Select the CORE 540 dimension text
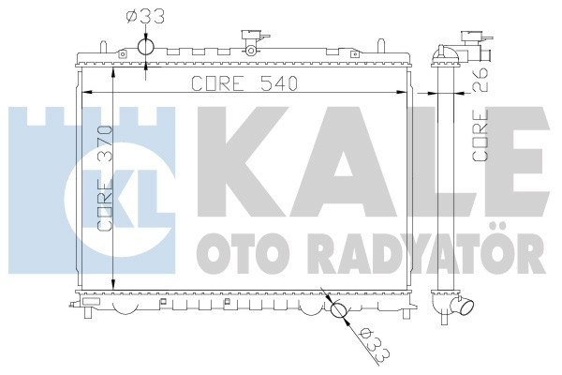tap(244, 83)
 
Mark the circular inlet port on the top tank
tap(146, 48)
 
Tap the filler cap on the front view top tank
tap(252, 40)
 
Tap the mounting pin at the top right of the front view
tap(381, 42)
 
